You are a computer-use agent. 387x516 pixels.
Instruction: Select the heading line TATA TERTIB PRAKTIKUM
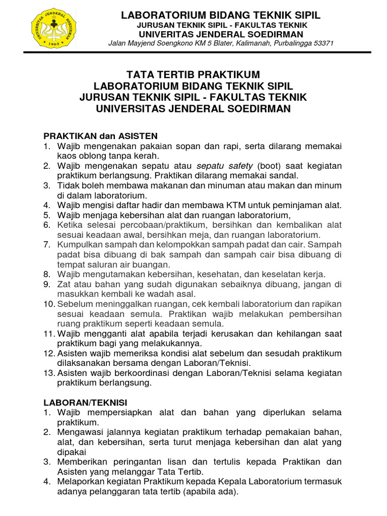(x=193, y=75)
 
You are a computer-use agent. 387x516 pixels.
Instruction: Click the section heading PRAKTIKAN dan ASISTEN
(x=101, y=136)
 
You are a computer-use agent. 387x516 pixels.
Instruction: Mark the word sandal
(x=285, y=175)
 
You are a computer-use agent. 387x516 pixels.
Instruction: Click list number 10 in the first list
(x=49, y=304)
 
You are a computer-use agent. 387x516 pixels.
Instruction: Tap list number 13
(x=49, y=373)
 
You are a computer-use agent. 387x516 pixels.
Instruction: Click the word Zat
(x=63, y=284)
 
